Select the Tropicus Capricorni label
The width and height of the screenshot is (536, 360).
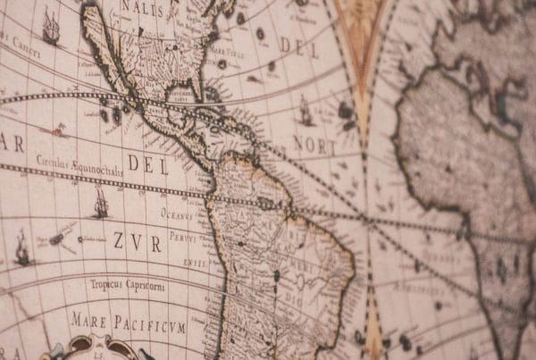click(126, 285)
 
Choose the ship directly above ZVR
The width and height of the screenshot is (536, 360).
click(100, 205)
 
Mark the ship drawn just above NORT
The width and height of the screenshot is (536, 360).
click(306, 111)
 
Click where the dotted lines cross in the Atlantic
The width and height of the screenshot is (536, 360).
click(365, 218)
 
